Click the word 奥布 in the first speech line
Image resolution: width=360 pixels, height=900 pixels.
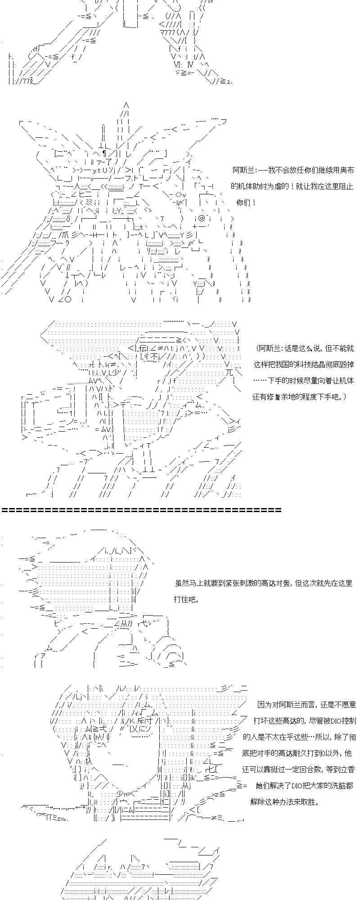point(347,170)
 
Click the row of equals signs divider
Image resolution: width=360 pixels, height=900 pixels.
point(141,510)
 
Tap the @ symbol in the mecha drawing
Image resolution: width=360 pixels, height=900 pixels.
point(202,218)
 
